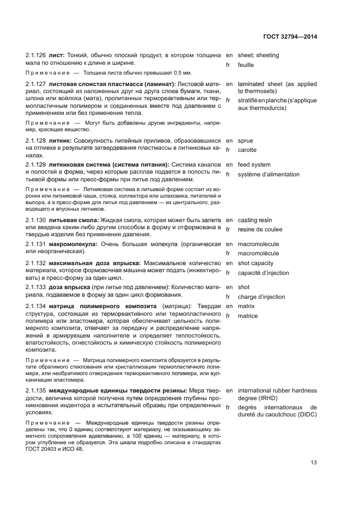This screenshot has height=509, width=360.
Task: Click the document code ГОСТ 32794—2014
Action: pos(290,36)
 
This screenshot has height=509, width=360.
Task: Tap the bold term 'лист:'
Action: pos(57,55)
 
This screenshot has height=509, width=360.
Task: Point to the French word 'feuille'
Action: pos(246,65)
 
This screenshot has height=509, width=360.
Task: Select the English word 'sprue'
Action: pos(246,140)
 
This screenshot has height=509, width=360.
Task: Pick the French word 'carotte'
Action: pos(247,150)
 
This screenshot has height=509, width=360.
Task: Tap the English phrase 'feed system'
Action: pos(254,165)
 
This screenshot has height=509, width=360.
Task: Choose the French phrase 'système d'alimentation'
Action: pos(269,175)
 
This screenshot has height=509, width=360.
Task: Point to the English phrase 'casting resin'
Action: pos(255,219)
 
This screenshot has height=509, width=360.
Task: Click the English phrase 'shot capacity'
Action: pos(255,263)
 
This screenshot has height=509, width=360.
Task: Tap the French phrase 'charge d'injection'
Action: pos(261,297)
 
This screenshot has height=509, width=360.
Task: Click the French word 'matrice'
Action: pos(248,316)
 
